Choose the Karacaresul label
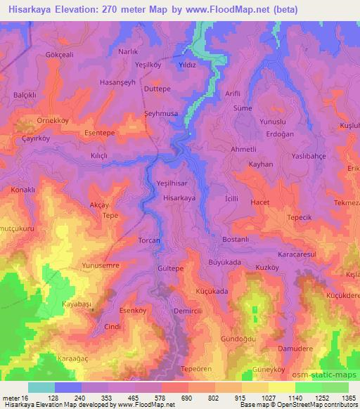298,253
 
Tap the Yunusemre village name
102,266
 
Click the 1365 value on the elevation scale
346,398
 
